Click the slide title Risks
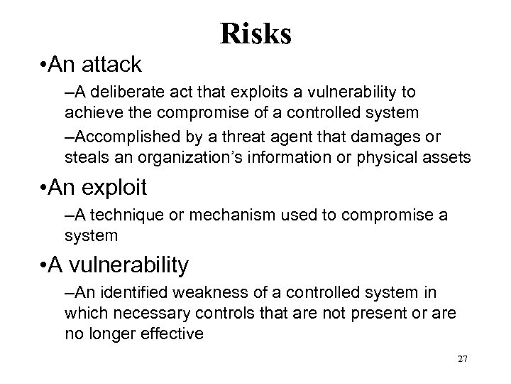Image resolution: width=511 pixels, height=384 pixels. (255, 33)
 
